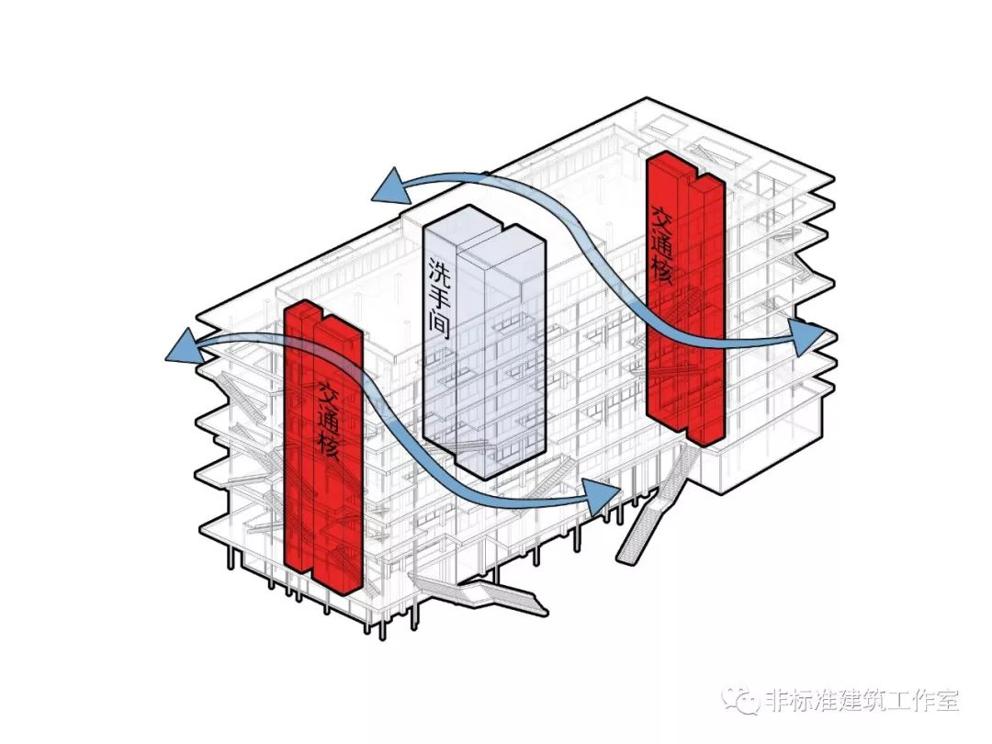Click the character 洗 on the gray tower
point(439,269)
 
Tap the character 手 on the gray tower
point(439,297)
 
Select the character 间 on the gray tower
point(439,324)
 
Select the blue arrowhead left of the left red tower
point(182,349)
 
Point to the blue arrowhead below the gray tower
point(602,498)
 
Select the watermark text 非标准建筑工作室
point(862,701)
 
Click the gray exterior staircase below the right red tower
point(652,514)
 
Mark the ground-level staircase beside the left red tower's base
point(487,597)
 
